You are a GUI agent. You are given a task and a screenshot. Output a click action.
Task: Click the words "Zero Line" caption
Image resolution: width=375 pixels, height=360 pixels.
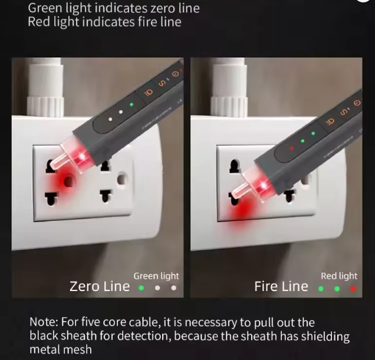point(100,286)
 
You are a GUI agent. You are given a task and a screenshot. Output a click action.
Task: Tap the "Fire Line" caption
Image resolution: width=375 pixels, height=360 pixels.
point(281,286)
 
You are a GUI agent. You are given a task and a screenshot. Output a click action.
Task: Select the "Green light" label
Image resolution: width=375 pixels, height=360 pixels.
point(156,276)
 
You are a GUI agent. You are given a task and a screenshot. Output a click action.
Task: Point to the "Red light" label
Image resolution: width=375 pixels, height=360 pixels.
point(339,276)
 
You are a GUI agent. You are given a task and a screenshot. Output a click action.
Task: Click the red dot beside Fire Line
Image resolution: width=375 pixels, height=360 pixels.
point(353,289)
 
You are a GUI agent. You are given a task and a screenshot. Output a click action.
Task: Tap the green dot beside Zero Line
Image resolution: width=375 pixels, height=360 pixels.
point(142,288)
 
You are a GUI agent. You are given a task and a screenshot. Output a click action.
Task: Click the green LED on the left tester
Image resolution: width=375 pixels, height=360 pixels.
point(131,104)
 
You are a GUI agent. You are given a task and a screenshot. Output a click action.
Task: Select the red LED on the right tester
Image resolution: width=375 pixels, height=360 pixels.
point(291,148)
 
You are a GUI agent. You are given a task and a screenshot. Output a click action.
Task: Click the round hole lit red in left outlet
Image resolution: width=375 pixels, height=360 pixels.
point(68,181)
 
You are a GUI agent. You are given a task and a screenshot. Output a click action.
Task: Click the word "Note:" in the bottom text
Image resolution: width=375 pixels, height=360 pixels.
point(44,322)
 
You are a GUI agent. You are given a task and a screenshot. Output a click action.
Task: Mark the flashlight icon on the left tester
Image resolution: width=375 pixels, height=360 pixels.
point(149,93)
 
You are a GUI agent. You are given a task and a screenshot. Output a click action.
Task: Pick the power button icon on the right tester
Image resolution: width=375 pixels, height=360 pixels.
point(357,103)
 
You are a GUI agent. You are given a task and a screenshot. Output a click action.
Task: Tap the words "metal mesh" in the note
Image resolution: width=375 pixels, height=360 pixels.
point(61,349)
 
